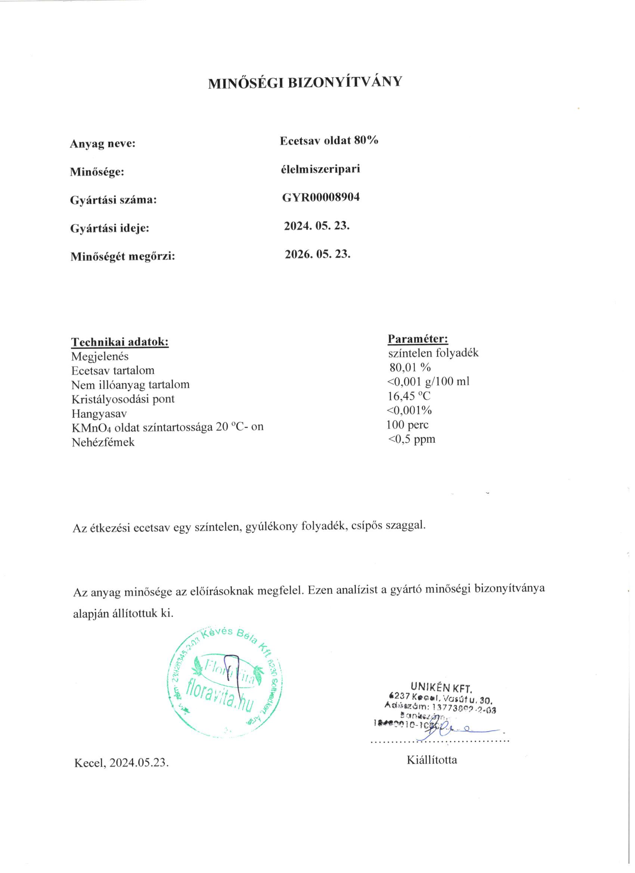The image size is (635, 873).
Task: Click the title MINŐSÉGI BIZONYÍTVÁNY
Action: (304, 83)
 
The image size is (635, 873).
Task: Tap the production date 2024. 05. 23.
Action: (316, 226)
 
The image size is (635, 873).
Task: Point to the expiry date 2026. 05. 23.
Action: (317, 254)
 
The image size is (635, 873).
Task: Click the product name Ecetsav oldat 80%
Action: (329, 140)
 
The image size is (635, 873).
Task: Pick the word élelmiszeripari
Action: (320, 169)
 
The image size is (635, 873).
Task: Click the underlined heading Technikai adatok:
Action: (120, 342)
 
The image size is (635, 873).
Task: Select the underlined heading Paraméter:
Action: (418, 339)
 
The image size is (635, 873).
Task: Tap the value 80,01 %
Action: (410, 367)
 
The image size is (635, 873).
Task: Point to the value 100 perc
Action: (408, 425)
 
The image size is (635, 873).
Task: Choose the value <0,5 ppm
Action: (411, 439)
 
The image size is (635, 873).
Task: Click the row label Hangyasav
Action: (99, 414)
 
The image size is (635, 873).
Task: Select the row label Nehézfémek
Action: (103, 442)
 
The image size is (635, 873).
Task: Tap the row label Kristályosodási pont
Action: (123, 399)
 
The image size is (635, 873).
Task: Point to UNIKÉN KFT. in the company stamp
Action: (441, 687)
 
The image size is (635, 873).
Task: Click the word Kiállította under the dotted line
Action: (432, 760)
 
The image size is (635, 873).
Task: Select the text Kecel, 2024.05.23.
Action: (121, 763)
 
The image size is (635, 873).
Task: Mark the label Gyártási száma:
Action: (113, 200)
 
